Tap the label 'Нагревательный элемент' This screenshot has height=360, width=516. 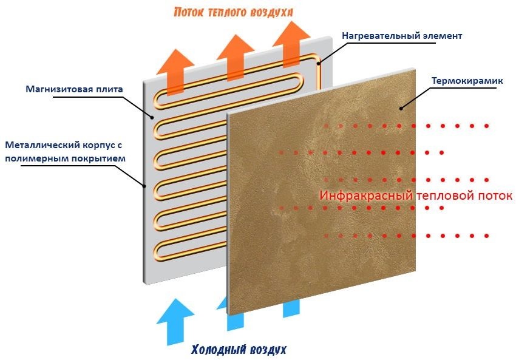coord(402,36)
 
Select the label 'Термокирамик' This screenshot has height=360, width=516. coord(462,81)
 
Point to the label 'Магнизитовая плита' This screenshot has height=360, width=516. coord(74,89)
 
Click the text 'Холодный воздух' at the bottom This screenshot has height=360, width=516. coord(238,350)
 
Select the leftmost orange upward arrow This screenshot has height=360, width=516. coord(174,69)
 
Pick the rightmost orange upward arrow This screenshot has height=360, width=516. coord(290,42)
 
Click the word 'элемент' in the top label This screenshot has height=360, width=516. coord(442,36)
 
